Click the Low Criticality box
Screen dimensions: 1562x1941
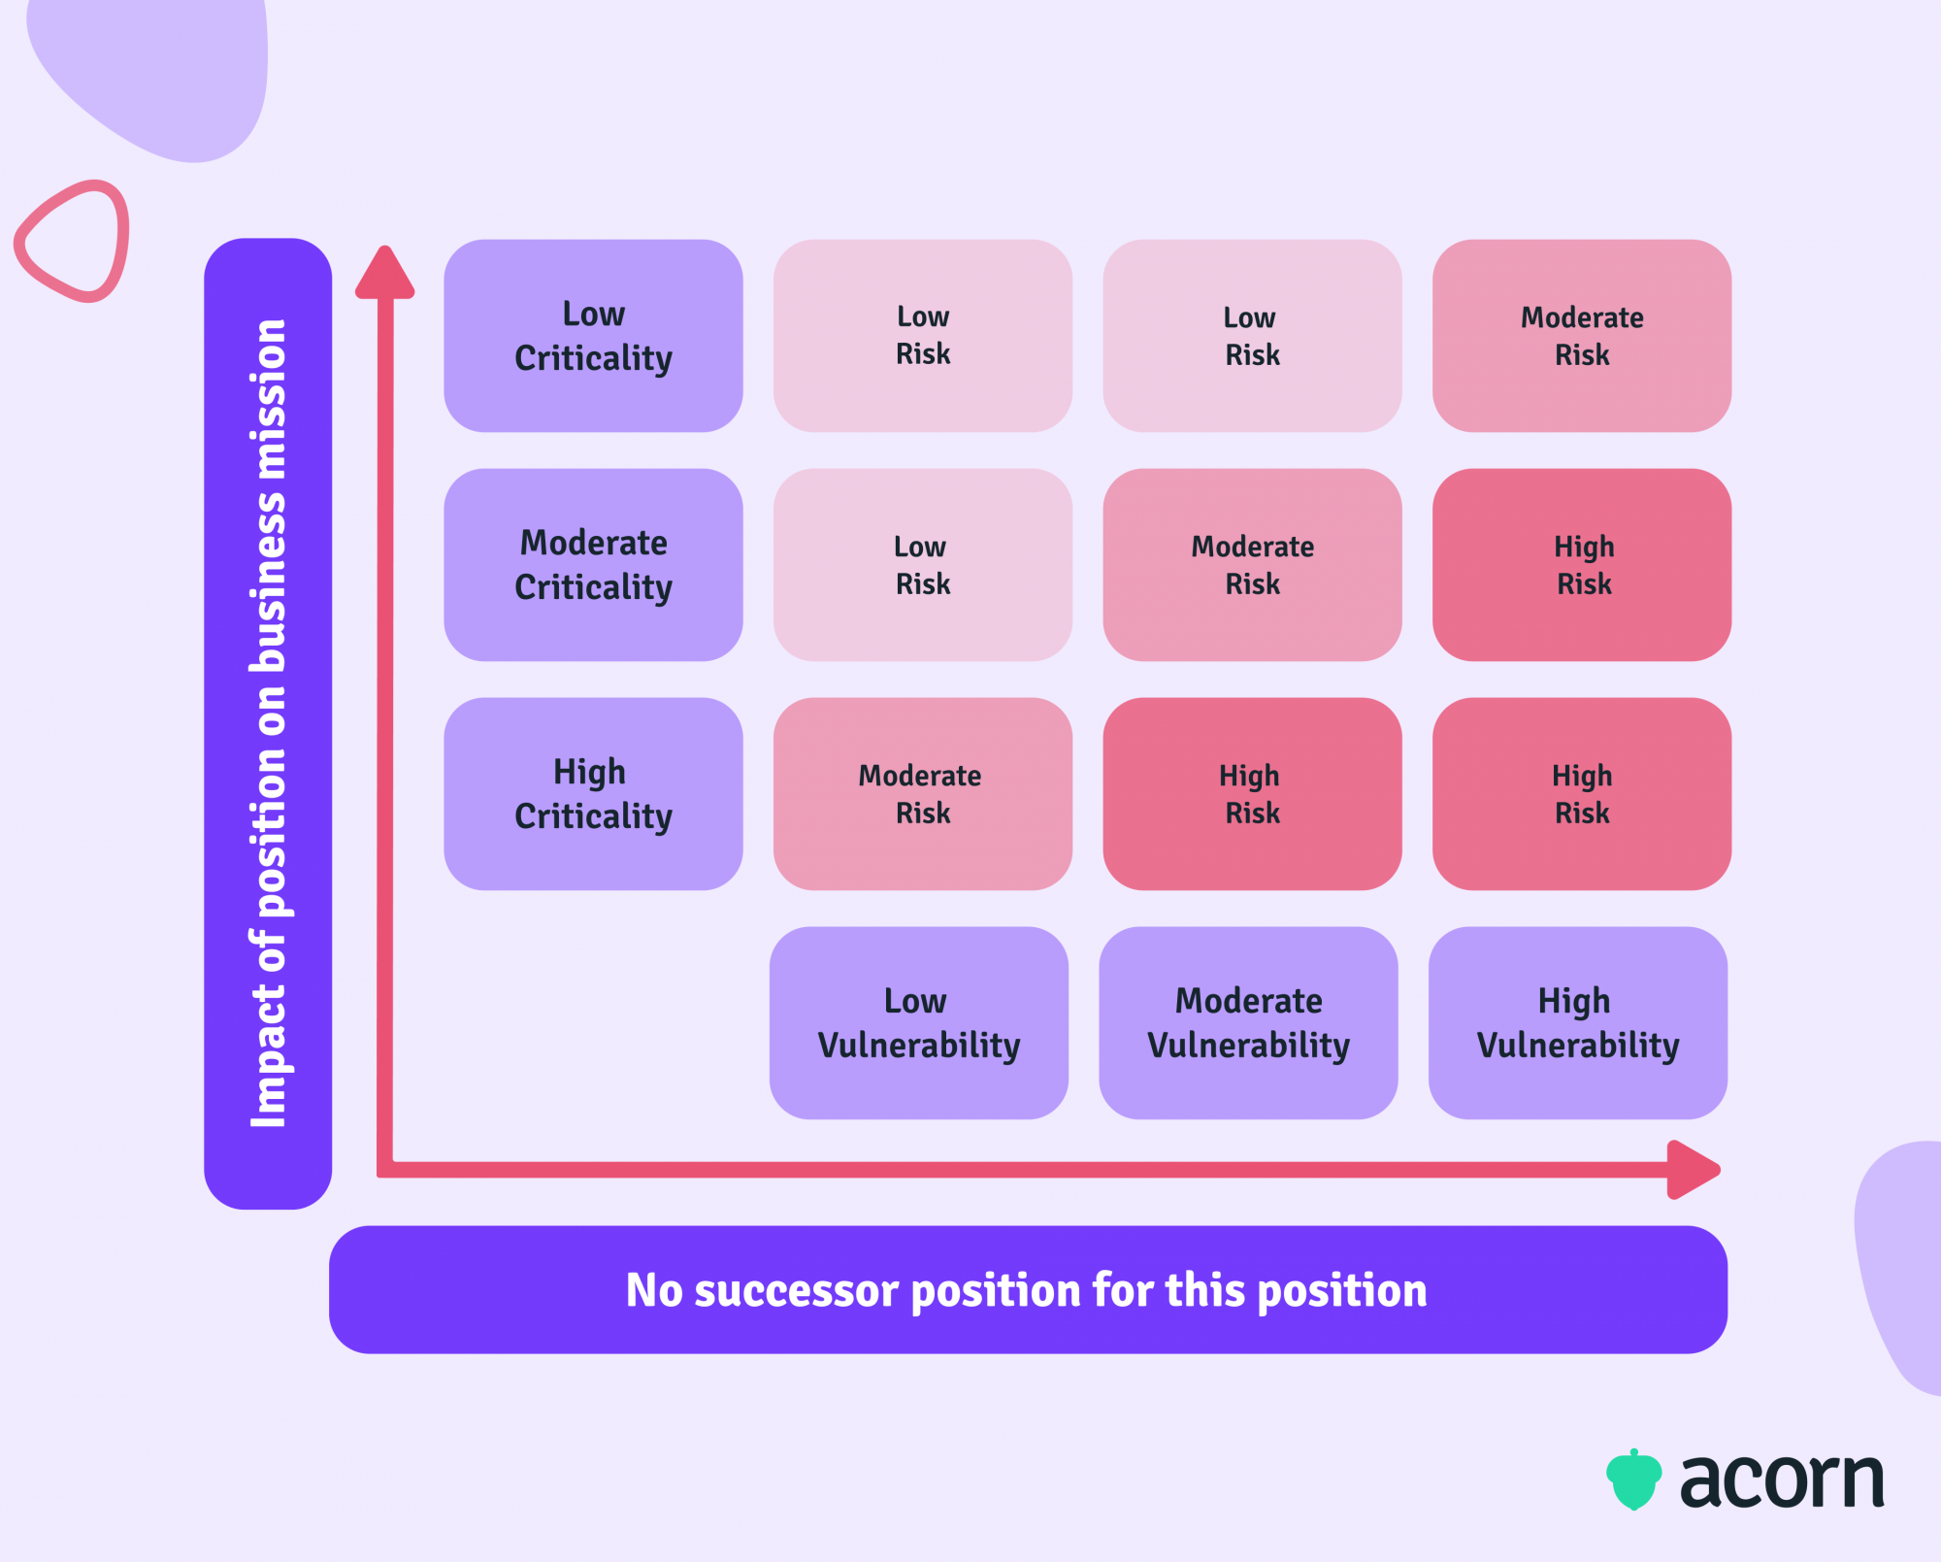(593, 336)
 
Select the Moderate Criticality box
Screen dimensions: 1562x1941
(593, 565)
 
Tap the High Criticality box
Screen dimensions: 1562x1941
(593, 794)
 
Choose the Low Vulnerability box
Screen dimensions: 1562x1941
(918, 1023)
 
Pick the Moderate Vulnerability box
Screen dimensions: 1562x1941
(1248, 1023)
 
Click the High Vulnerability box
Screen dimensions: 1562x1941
(1577, 1023)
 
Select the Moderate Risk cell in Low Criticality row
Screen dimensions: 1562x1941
(1582, 336)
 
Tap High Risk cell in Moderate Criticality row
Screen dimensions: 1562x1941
(1582, 565)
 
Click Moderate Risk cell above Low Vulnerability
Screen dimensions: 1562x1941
(922, 794)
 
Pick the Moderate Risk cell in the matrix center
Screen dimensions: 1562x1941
(1252, 565)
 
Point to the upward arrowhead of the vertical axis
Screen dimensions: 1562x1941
(385, 272)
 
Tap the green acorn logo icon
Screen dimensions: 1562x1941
(1634, 1479)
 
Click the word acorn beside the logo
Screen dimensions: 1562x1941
(1782, 1481)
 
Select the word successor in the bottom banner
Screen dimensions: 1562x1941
(798, 1291)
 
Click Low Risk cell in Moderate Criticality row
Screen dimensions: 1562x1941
(922, 565)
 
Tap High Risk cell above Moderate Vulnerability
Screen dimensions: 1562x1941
(1252, 794)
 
